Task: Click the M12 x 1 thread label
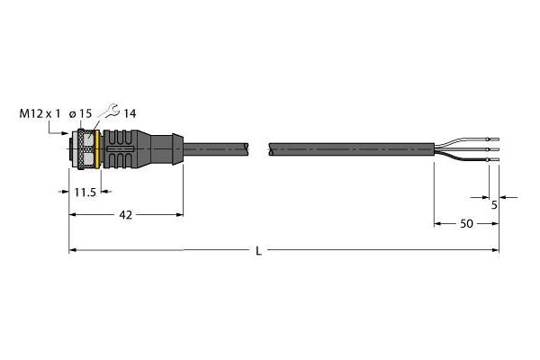coord(40,113)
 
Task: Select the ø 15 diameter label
coord(80,113)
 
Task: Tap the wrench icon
coord(111,111)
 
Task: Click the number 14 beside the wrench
coord(130,113)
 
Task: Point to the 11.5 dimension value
coord(85,193)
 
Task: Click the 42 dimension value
coord(126,215)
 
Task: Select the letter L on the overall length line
coord(258,251)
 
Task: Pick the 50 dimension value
coord(466,224)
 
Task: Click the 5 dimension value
coord(494,205)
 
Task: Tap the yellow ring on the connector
coord(98,149)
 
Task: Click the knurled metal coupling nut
coord(86,149)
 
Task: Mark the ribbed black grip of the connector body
coord(118,149)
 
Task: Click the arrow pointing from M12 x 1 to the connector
coord(58,130)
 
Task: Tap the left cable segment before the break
coord(216,149)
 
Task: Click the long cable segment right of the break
coord(351,149)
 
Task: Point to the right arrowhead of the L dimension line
coord(496,250)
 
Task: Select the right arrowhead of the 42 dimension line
coord(180,214)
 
